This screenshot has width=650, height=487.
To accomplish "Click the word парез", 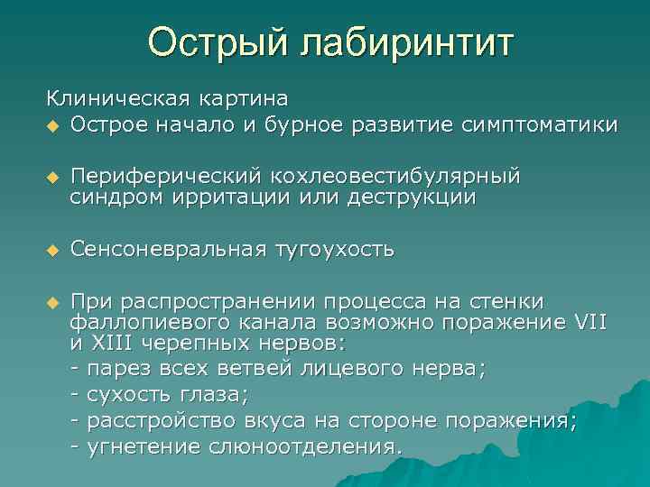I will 117,369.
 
